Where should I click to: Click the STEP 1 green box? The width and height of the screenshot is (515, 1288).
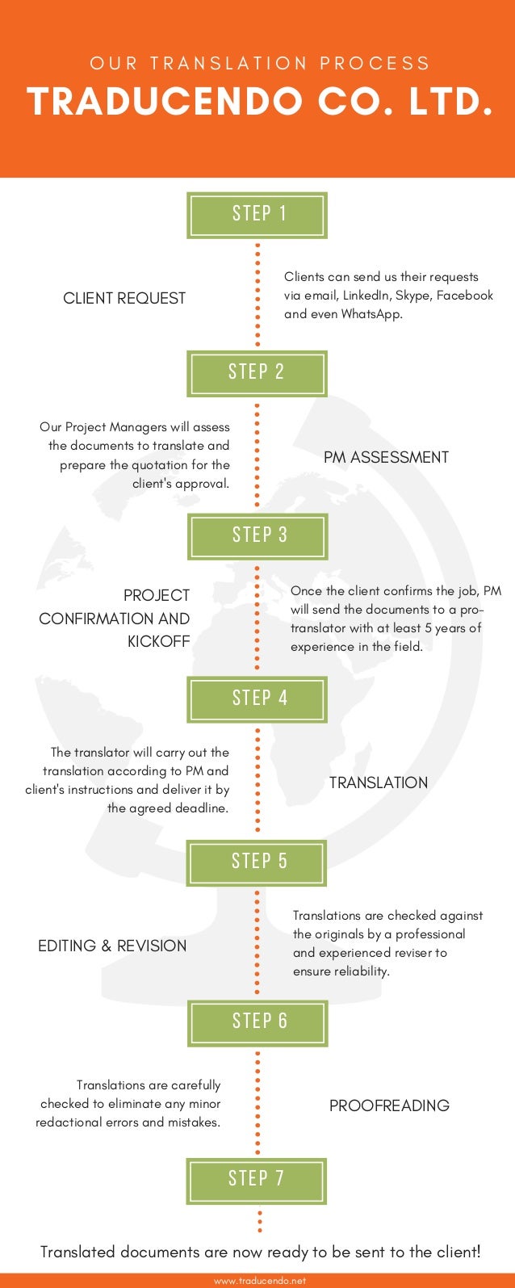tap(257, 215)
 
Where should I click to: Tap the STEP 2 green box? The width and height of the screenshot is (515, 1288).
tap(257, 373)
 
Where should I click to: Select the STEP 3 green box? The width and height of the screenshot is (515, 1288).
tap(258, 536)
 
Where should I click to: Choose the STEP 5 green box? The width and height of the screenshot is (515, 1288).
tap(257, 862)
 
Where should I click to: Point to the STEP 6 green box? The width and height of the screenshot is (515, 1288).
tap(257, 1022)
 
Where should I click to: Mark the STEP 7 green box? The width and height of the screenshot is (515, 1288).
tap(257, 1181)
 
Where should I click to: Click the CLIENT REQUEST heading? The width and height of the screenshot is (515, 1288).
tap(124, 298)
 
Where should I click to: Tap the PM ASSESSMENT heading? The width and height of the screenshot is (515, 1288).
tap(386, 457)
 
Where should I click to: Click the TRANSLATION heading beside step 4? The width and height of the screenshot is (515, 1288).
tap(379, 782)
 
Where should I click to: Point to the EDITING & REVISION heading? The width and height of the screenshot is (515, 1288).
tap(112, 946)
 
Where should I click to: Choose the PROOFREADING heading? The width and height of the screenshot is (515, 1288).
tap(389, 1105)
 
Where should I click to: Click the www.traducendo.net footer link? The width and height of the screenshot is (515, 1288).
tap(260, 1281)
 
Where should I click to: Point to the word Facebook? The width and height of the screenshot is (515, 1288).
tap(465, 296)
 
